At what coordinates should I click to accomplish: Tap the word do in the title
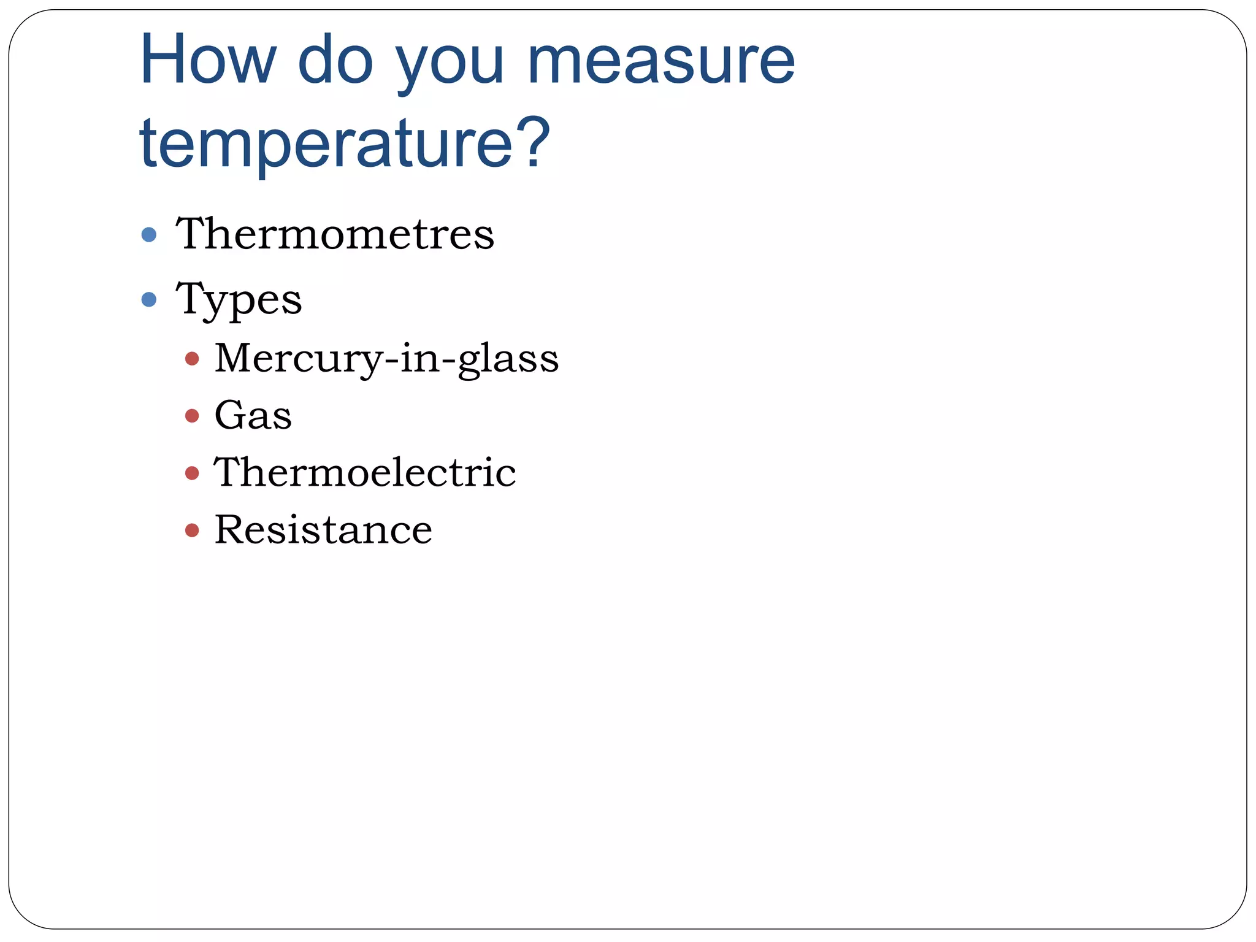[x=335, y=60]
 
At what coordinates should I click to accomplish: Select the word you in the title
[x=449, y=64]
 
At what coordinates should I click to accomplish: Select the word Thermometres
[x=335, y=234]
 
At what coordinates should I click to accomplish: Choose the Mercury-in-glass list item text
[x=386, y=359]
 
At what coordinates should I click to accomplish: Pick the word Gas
[x=253, y=416]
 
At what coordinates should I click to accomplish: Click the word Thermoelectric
[x=365, y=473]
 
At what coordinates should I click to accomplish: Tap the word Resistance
[x=323, y=530]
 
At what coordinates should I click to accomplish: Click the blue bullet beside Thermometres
[x=149, y=235]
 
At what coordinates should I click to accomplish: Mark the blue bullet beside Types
[x=149, y=300]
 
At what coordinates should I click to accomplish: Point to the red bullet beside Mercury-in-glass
[x=192, y=359]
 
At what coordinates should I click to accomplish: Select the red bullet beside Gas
[x=192, y=416]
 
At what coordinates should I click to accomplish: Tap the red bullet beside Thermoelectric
[x=192, y=473]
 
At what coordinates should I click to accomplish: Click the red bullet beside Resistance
[x=192, y=530]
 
